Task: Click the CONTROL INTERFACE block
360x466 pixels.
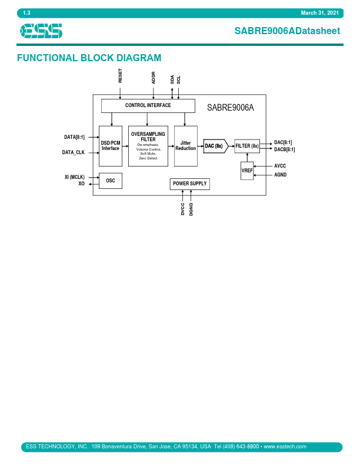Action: coord(148,106)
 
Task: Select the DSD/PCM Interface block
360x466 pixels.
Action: coord(110,145)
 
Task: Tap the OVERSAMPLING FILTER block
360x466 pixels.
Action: coord(148,145)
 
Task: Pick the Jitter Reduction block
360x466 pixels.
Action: coord(185,145)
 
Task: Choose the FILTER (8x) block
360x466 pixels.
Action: coord(246,146)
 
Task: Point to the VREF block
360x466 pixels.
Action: coord(247,170)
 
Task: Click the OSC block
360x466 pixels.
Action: coord(111,181)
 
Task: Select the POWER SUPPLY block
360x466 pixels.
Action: coord(189,184)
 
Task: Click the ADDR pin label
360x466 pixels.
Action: coord(154,78)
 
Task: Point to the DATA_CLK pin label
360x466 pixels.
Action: coord(74,152)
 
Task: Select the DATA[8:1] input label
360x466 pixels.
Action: coord(74,137)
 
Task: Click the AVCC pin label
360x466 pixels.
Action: coord(280,166)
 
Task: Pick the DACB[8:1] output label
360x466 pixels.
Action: coord(285,149)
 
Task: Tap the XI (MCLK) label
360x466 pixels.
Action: coord(75,177)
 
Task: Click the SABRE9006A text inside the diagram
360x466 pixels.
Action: coord(231,108)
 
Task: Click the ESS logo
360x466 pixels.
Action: coord(41,31)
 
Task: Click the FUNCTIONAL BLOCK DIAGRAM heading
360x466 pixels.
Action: coord(89,58)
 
